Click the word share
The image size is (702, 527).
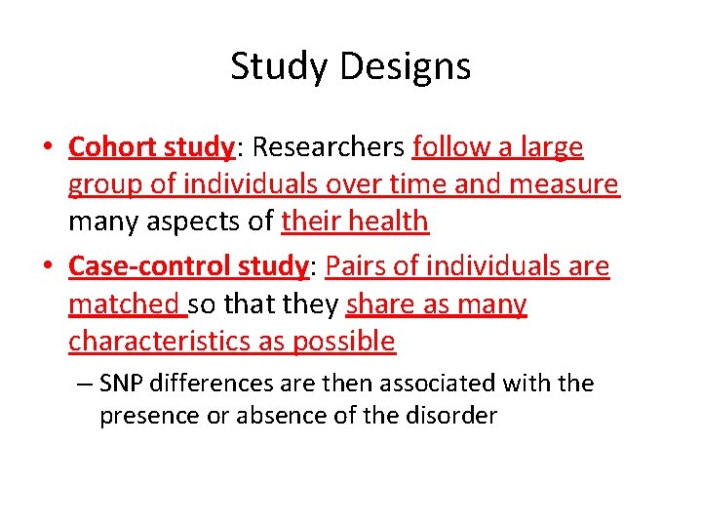pyautogui.click(x=379, y=304)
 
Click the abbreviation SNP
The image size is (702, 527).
pyautogui.click(x=124, y=384)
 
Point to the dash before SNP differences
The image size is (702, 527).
pyautogui.click(x=84, y=385)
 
